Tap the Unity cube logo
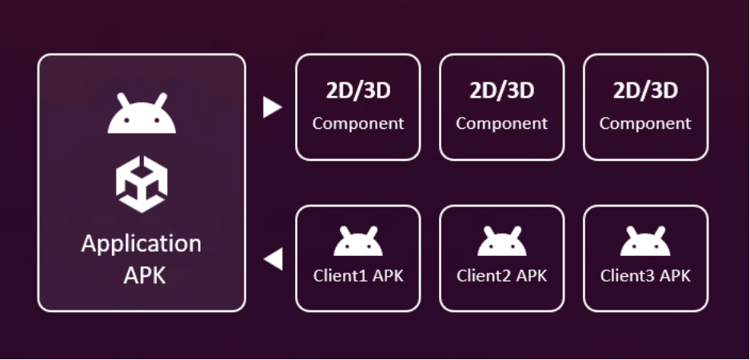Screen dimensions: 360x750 (142, 186)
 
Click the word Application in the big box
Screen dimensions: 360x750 (142, 243)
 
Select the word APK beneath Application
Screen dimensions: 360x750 (142, 275)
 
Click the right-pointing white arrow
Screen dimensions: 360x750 (272, 107)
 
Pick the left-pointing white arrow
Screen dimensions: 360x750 (273, 259)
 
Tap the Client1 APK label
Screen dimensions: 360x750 (358, 276)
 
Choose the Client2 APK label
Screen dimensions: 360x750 (502, 276)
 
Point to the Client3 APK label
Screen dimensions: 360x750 (645, 276)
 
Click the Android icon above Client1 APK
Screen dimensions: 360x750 (358, 242)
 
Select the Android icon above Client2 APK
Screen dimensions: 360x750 (502, 242)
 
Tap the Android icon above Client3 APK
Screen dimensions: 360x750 (645, 242)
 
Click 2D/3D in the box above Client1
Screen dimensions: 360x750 (358, 91)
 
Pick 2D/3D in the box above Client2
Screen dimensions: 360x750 (502, 91)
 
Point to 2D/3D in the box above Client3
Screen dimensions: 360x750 (645, 91)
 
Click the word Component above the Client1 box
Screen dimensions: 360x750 (358, 124)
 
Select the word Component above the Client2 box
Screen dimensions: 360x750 (502, 124)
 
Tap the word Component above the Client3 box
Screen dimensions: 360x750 (645, 124)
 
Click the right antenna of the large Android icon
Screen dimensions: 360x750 (162, 98)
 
